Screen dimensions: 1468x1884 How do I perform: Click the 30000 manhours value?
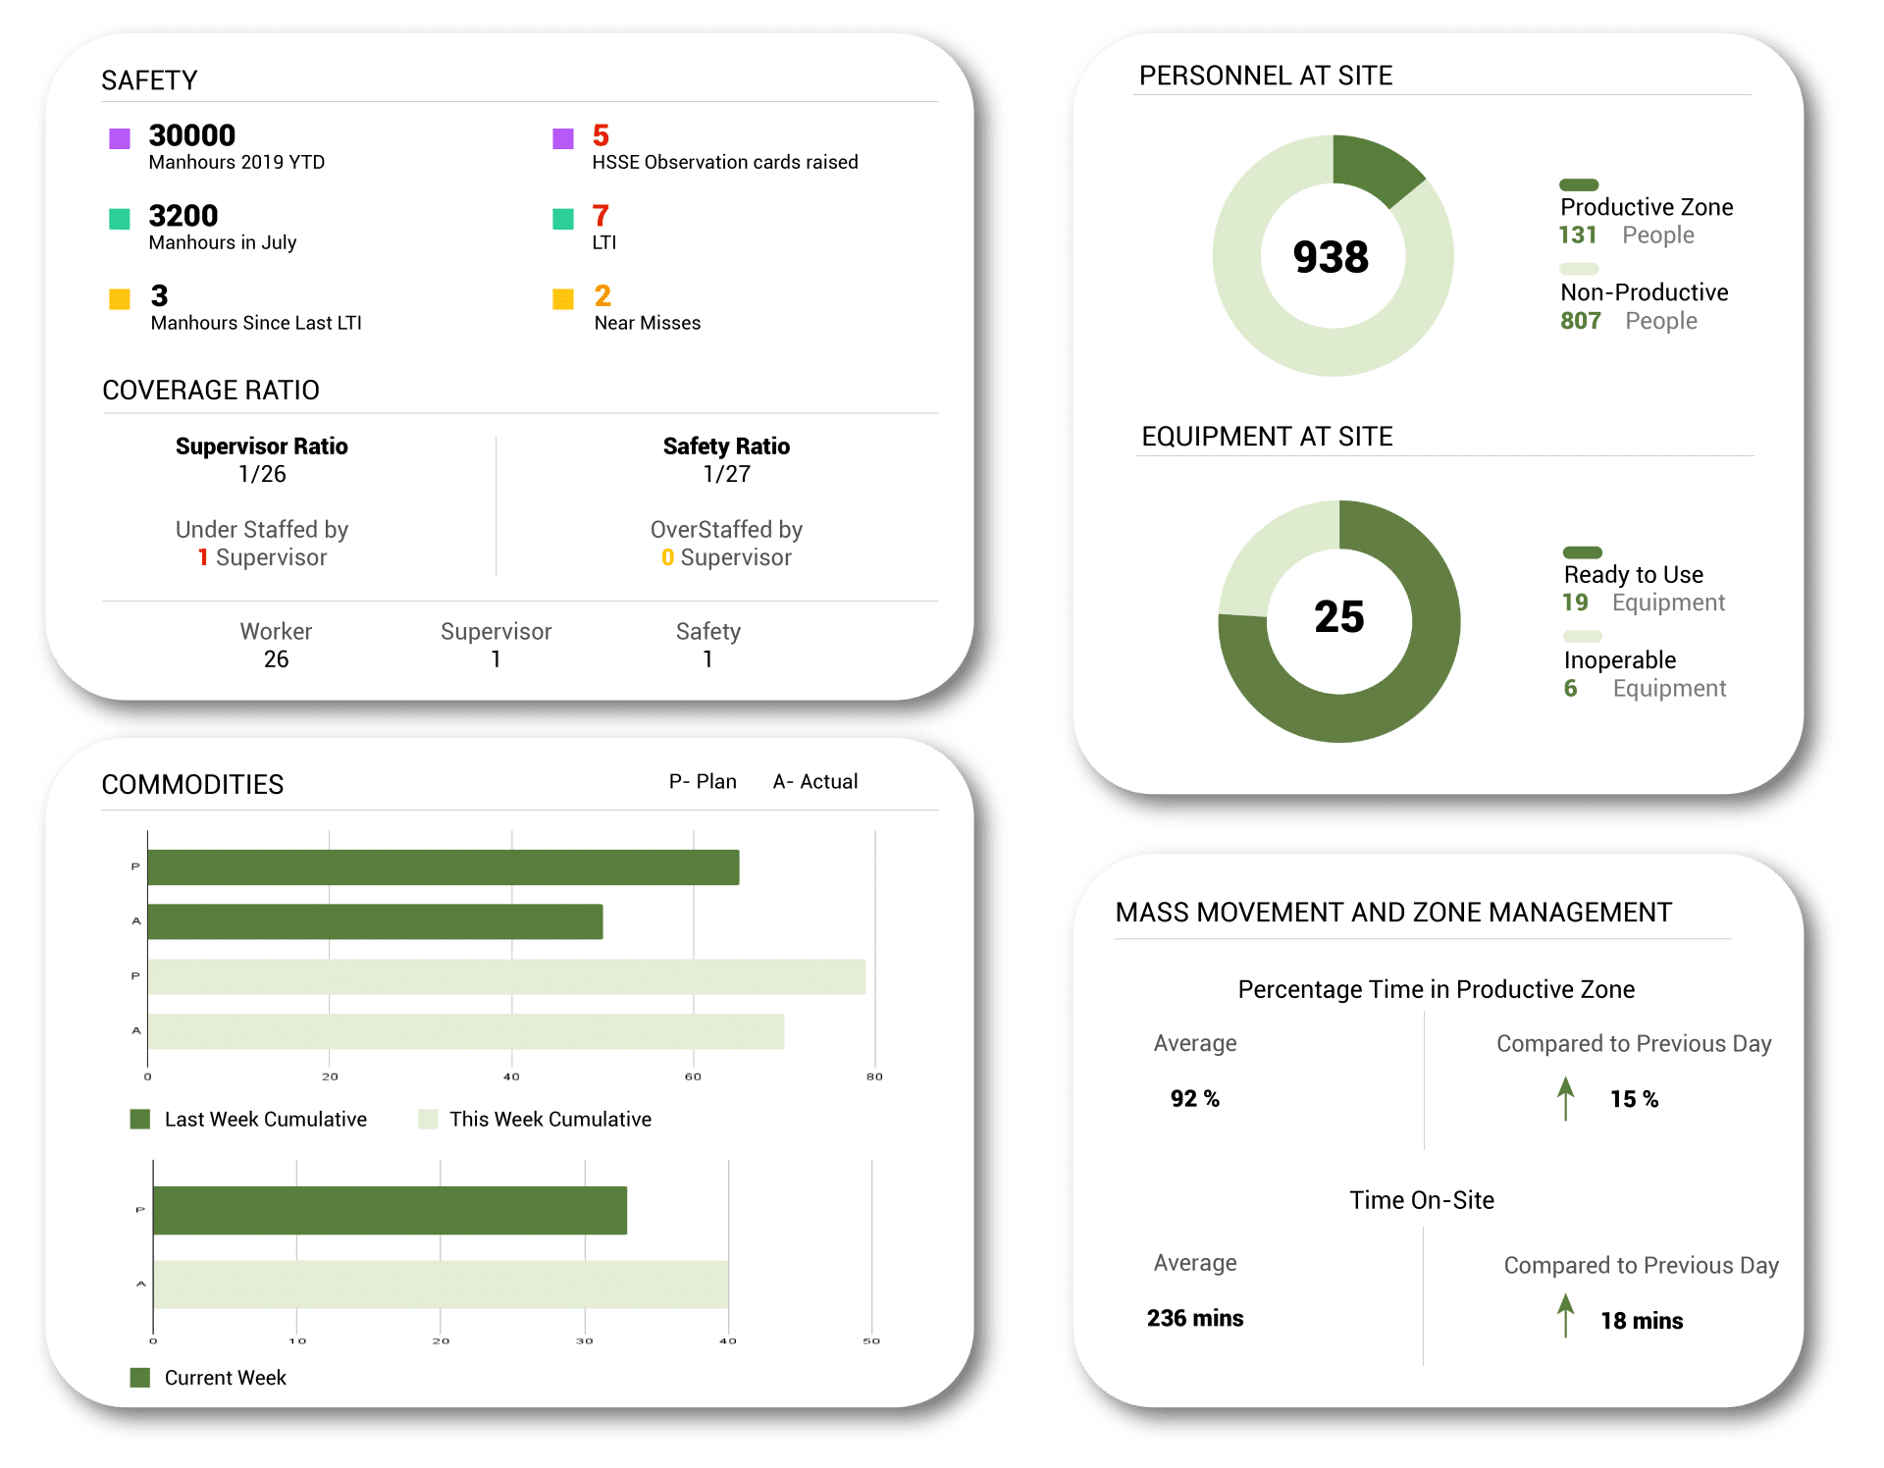192,135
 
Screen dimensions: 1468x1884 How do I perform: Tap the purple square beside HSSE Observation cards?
563,138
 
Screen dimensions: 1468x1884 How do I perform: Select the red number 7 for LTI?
601,216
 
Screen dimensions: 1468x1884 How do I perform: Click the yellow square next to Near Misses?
563,299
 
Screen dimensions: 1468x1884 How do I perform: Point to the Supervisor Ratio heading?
261,446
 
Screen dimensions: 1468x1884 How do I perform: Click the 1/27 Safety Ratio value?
726,474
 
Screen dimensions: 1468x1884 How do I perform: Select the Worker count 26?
276,659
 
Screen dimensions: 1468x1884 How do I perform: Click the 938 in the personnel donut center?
1331,257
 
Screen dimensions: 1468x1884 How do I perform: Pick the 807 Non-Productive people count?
1580,321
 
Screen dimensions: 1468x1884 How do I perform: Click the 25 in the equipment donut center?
1338,617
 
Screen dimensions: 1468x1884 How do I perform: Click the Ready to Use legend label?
1633,575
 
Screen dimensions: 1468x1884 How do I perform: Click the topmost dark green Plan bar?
443,867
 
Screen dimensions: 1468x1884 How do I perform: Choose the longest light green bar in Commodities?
506,977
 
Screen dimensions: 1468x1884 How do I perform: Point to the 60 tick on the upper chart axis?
693,1076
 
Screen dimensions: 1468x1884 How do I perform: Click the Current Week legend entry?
225,1378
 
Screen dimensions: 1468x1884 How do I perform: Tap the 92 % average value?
1194,1099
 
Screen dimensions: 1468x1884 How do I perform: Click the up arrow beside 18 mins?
1565,1316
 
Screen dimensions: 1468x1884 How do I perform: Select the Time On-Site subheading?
1421,1200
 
